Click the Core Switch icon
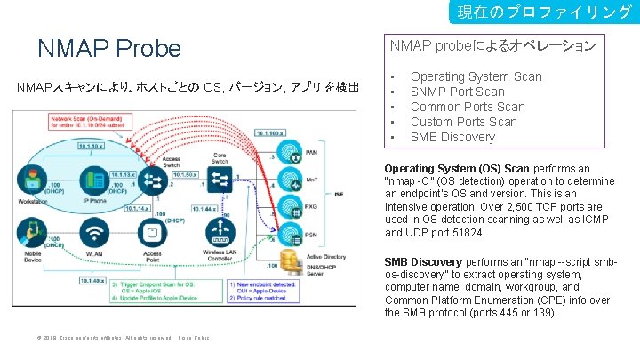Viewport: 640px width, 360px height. coord(220,180)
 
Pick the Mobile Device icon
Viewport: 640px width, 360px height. coord(34,233)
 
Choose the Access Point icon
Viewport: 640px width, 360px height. coord(153,233)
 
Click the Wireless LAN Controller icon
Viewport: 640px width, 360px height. coord(220,233)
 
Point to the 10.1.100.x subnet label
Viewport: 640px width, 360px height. coord(271,132)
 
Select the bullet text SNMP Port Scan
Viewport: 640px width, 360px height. coord(457,92)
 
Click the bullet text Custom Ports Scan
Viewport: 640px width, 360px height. coord(463,122)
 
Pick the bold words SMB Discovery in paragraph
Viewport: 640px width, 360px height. coord(422,262)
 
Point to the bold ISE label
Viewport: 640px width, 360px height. coord(339,194)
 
